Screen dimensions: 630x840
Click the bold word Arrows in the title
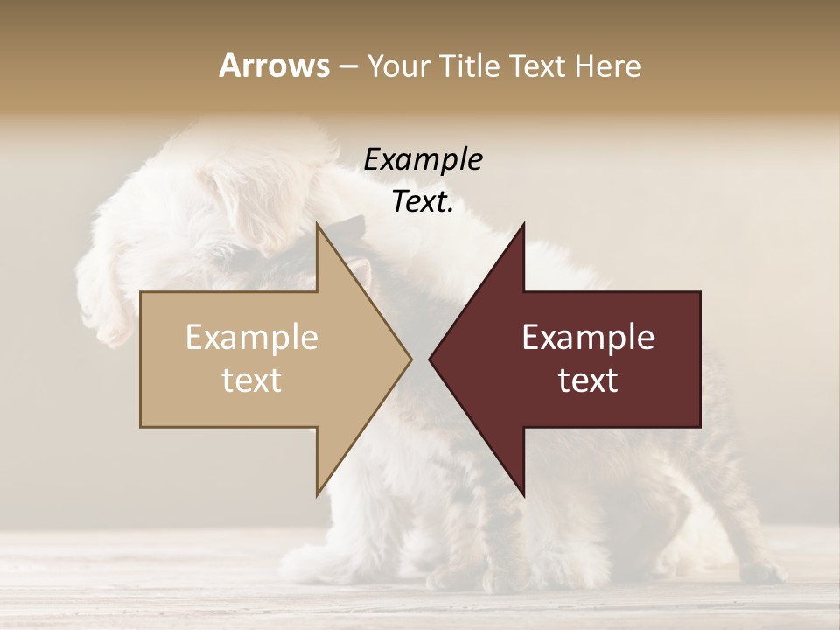pos(274,66)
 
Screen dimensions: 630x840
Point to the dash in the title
pos(347,66)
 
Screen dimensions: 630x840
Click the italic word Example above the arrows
pos(423,160)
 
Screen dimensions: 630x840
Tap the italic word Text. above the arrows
pos(423,202)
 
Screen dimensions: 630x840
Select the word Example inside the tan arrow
pos(252,338)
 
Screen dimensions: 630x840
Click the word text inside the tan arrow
pos(252,381)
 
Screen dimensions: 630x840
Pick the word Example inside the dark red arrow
pos(588,338)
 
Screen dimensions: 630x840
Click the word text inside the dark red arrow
pos(588,381)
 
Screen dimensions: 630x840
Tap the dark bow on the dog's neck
pos(346,229)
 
